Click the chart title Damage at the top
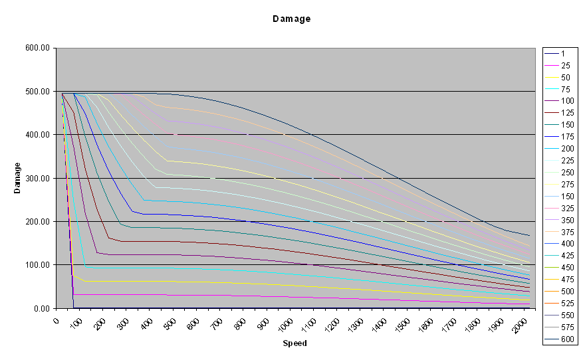coord(291,19)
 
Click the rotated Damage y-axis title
coord(18,178)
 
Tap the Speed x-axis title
coord(294,343)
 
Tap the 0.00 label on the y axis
coord(43,308)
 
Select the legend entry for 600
coord(566,339)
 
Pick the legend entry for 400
coord(566,244)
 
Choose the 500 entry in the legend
coord(566,292)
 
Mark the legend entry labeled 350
coord(566,220)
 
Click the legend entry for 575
coord(566,327)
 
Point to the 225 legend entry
coord(566,160)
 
